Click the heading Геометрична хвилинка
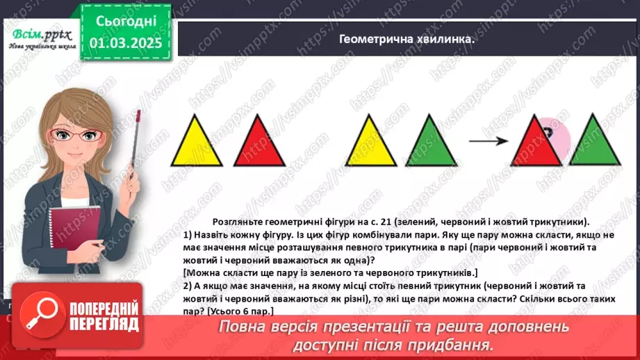pos(407,40)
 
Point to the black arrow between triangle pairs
pos(489,142)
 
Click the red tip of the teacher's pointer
pos(139,114)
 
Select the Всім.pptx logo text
pos(40,33)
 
